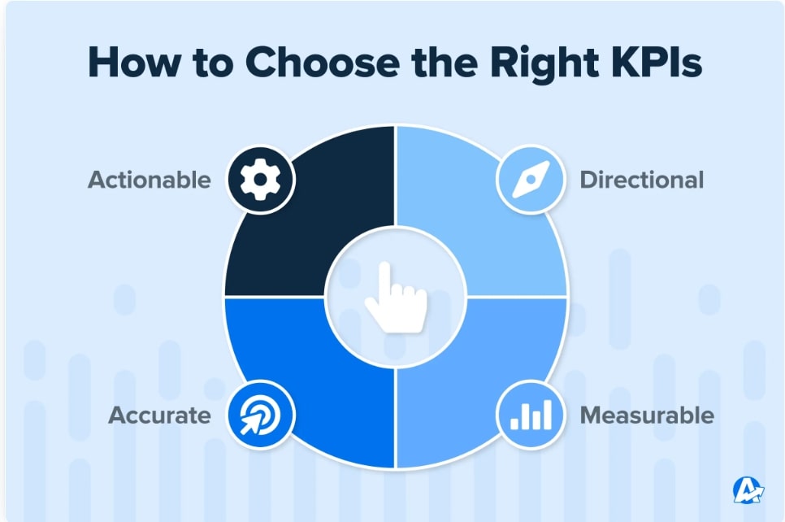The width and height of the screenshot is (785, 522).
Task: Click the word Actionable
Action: click(x=150, y=180)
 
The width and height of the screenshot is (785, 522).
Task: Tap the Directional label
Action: click(x=642, y=180)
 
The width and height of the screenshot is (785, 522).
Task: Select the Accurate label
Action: click(x=160, y=415)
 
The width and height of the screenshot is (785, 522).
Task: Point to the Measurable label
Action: click(x=647, y=415)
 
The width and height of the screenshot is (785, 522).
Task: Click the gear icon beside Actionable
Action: click(x=260, y=180)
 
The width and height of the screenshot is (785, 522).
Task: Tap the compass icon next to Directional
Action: click(x=531, y=180)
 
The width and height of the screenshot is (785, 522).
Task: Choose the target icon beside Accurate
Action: click(x=260, y=415)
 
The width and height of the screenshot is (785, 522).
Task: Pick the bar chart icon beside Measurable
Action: click(x=531, y=415)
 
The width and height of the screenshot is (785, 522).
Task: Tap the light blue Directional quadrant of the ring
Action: click(x=480, y=220)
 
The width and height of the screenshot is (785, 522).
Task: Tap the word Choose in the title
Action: click(x=323, y=62)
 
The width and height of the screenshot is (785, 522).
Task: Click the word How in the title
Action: click(x=134, y=62)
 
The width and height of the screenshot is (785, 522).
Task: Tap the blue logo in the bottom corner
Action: click(x=748, y=490)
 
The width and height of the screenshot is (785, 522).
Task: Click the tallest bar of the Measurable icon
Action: click(x=547, y=415)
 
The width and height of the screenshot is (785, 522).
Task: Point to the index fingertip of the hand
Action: click(x=384, y=266)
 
